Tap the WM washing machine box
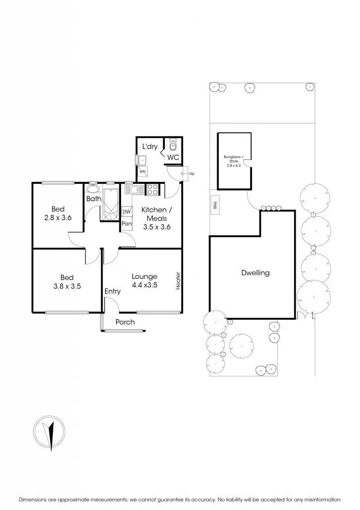pos(142,172)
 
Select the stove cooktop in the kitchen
pos(152,189)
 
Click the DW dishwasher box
pos(126,212)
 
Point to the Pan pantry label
pos(126,224)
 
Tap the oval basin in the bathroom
pos(93,189)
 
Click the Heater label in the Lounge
pos(178,280)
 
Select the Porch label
pos(125,322)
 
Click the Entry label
pos(113,291)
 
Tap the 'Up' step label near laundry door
pos(191,173)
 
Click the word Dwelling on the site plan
pos(255,272)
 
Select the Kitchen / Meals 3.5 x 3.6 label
pos(157,218)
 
